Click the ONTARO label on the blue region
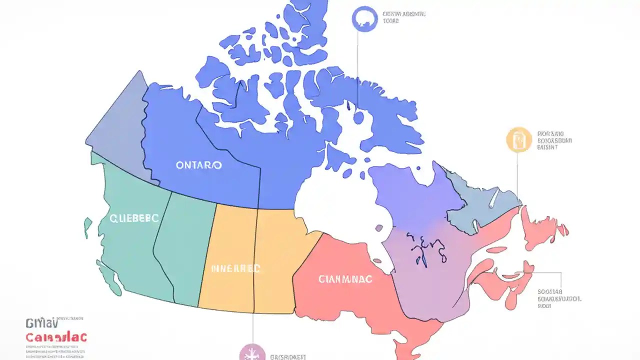click(199, 165)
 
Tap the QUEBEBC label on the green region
click(134, 218)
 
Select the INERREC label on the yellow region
click(235, 268)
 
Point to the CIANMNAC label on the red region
click(345, 279)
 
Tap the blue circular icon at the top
click(364, 19)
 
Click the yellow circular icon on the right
click(518, 139)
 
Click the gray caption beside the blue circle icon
click(403, 18)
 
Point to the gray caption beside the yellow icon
click(554, 140)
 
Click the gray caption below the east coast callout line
click(559, 298)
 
